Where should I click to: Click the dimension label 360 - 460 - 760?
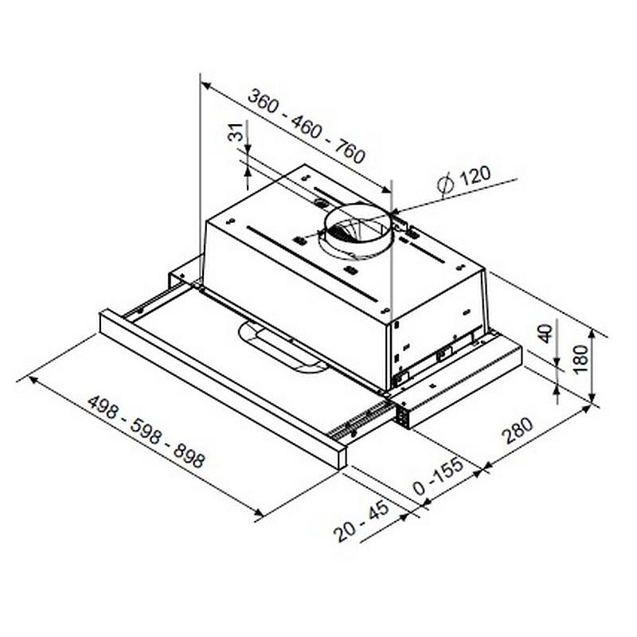click(x=307, y=127)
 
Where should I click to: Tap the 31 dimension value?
click(x=236, y=133)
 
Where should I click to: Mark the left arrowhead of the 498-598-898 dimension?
click(x=33, y=380)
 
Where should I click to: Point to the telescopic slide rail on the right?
click(x=366, y=422)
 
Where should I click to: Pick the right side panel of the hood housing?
click(x=438, y=318)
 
